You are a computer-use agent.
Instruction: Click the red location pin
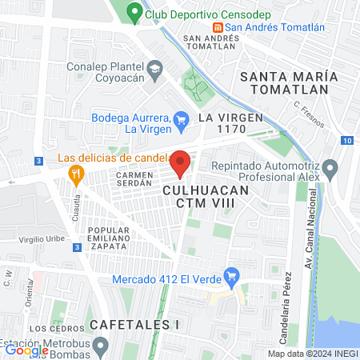(x=181, y=162)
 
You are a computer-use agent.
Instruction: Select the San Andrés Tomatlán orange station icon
(x=215, y=27)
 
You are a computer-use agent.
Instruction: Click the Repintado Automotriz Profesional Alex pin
(x=330, y=167)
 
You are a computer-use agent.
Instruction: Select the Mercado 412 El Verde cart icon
(x=232, y=278)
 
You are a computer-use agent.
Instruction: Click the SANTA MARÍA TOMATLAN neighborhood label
(x=289, y=82)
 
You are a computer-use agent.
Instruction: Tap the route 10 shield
(x=346, y=141)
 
